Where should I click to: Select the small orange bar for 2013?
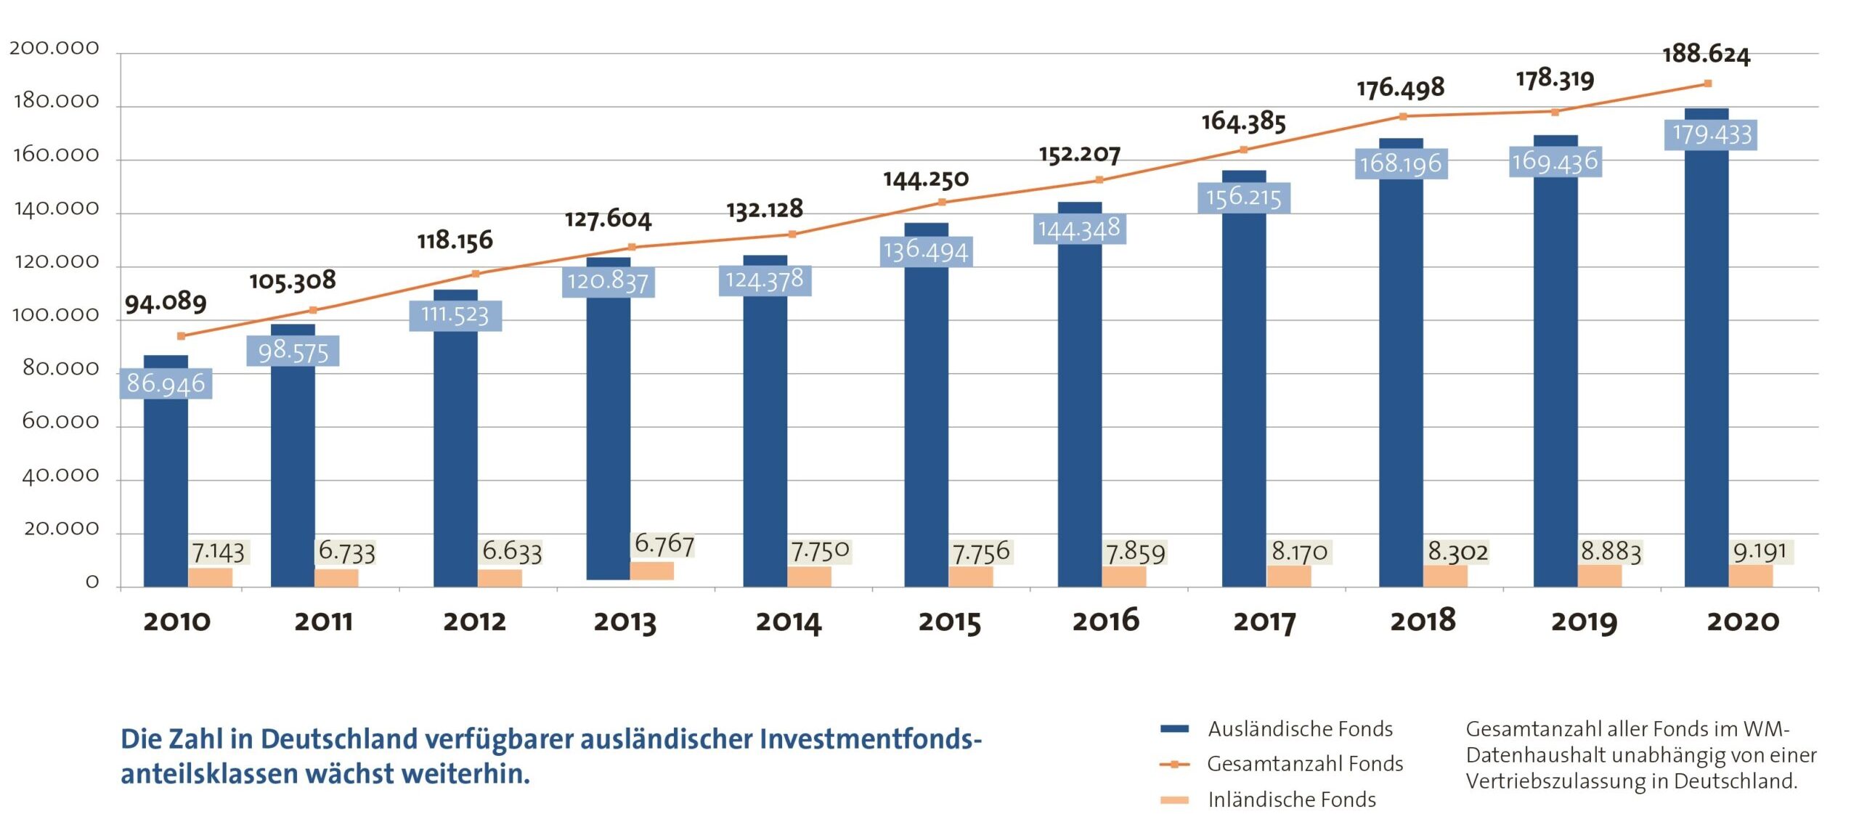651,571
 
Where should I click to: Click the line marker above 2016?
1099,180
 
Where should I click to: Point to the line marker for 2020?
1707,84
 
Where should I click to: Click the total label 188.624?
1706,54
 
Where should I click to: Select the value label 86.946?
166,383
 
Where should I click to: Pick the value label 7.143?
218,553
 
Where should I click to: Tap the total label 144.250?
925,179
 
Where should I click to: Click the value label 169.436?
1555,161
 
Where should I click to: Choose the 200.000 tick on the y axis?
54,49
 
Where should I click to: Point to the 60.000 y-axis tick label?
60,422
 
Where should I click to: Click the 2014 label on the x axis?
788,622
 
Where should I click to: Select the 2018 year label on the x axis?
1423,621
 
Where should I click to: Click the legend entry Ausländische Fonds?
1300,729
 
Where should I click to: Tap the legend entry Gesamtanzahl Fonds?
1304,764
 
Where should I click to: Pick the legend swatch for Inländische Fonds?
1174,800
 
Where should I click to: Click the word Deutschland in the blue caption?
340,739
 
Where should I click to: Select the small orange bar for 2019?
1599,576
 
